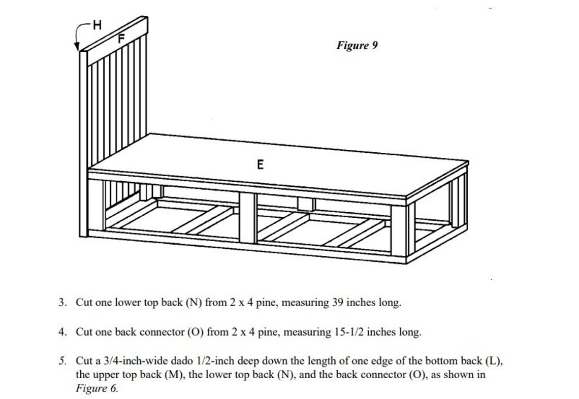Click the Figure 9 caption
357,46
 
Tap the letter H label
96,23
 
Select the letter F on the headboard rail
121,38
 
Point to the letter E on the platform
261,164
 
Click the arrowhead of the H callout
78,48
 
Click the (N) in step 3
194,303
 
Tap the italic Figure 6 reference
96,388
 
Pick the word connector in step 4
163,332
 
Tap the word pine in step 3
264,303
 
